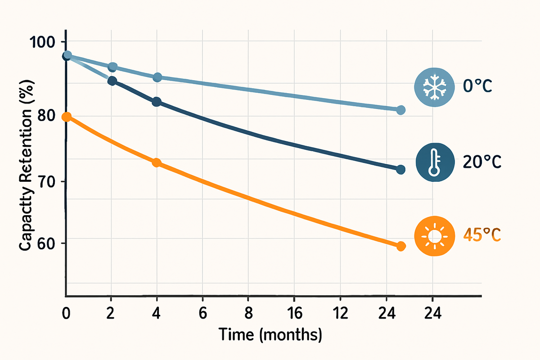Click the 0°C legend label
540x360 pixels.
click(x=478, y=86)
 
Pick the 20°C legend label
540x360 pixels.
click(x=481, y=162)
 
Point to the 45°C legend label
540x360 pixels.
click(x=481, y=235)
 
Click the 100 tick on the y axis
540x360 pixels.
click(x=41, y=42)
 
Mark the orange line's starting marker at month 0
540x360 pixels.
click(x=67, y=117)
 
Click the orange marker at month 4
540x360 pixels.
click(x=157, y=162)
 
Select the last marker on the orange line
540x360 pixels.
click(x=401, y=246)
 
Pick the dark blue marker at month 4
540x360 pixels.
click(x=157, y=102)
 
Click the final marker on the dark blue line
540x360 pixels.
click(x=401, y=169)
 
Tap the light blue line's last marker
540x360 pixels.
click(x=401, y=110)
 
